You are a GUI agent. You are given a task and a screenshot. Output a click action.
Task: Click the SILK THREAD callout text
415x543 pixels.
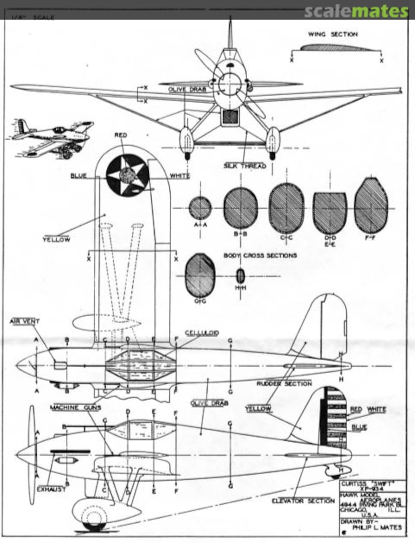click(x=245, y=165)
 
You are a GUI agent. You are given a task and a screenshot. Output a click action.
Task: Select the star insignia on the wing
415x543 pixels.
click(x=127, y=174)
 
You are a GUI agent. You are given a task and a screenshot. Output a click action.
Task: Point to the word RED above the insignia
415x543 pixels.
click(x=121, y=135)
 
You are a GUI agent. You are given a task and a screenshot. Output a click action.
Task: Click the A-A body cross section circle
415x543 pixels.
click(x=200, y=208)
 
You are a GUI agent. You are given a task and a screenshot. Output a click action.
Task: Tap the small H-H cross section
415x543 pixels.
click(x=240, y=275)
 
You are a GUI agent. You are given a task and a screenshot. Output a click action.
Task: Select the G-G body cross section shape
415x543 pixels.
click(x=200, y=275)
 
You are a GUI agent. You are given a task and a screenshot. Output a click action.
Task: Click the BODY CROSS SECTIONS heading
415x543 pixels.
click(x=260, y=255)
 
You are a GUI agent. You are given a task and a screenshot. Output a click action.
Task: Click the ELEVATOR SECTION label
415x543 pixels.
click(x=303, y=501)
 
